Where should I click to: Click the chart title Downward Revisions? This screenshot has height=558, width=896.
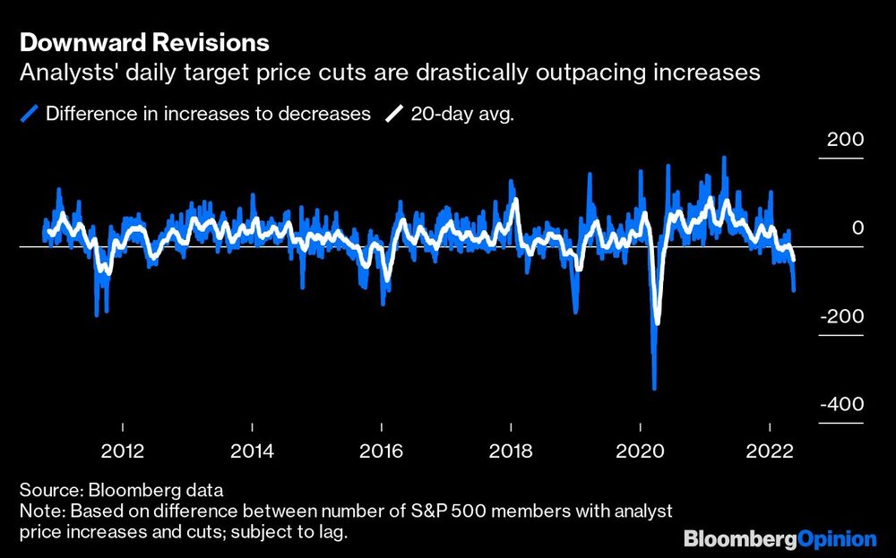tap(143, 42)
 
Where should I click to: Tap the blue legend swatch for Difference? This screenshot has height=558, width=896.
tap(30, 114)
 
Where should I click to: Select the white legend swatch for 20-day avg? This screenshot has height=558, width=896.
tap(394, 114)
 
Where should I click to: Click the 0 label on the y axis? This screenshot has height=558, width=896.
tap(857, 228)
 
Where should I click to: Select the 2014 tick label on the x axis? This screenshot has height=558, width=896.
tap(254, 450)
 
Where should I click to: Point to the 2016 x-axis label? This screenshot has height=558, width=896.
tap(383, 450)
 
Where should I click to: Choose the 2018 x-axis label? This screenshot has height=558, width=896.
tap(511, 450)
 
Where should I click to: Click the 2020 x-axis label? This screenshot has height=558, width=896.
tap(641, 450)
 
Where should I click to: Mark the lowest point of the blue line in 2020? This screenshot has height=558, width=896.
tap(655, 389)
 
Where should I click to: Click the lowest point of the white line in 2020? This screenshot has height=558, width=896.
tap(658, 322)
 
